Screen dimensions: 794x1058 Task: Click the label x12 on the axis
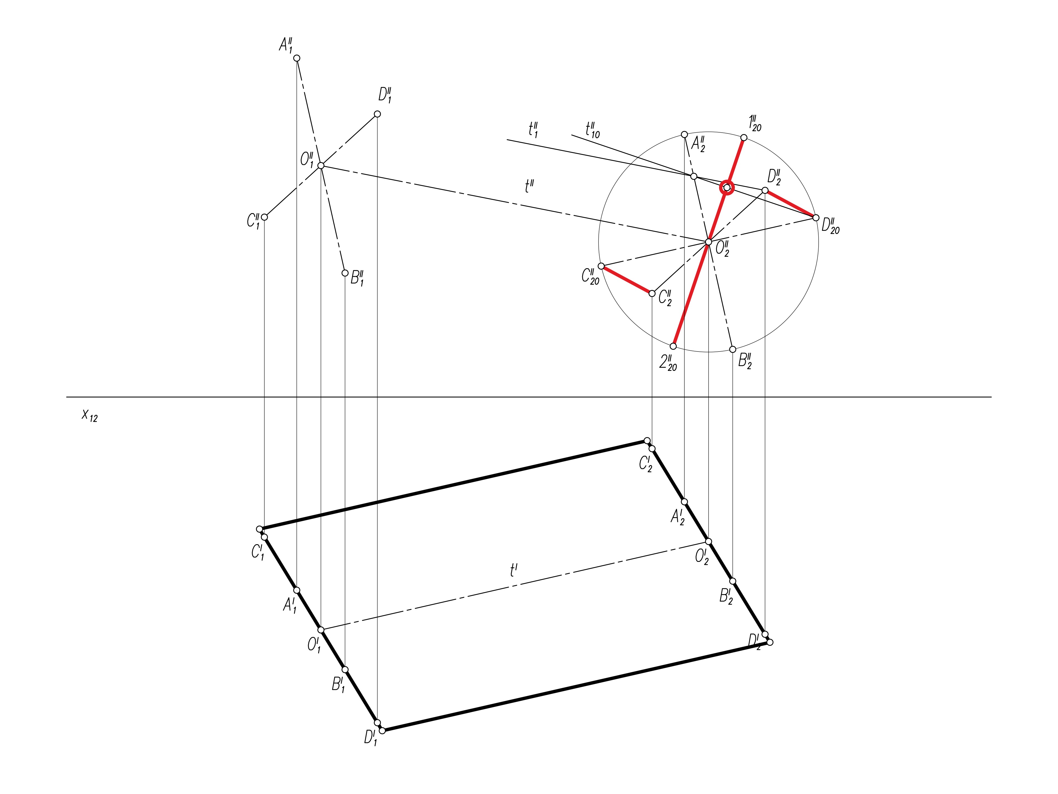pyautogui.click(x=90, y=415)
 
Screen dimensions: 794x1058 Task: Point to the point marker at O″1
pyautogui.click(x=321, y=166)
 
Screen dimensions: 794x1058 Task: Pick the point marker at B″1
pyautogui.click(x=345, y=273)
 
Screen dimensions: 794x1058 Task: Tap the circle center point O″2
pyautogui.click(x=708, y=242)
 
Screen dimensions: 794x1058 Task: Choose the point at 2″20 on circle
pyautogui.click(x=673, y=346)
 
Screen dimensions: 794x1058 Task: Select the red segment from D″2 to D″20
pyautogui.click(x=790, y=204)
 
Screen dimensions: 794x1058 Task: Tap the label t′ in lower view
pyautogui.click(x=514, y=570)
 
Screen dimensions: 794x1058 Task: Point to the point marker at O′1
pyautogui.click(x=321, y=629)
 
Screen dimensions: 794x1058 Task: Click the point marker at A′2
pyautogui.click(x=684, y=501)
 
